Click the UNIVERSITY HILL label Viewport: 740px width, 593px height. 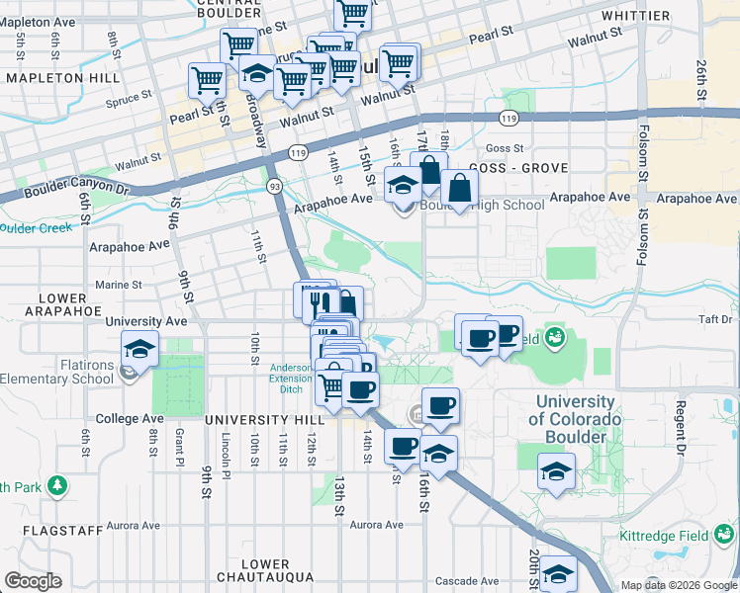[x=251, y=420]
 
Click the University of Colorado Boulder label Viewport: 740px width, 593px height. [x=575, y=419]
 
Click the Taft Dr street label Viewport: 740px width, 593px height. [x=712, y=319]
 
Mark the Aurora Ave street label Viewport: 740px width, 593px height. [x=377, y=525]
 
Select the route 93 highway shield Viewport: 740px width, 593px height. [x=273, y=186]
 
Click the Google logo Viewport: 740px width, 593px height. [x=35, y=581]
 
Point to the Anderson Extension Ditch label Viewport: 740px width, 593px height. [x=291, y=377]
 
